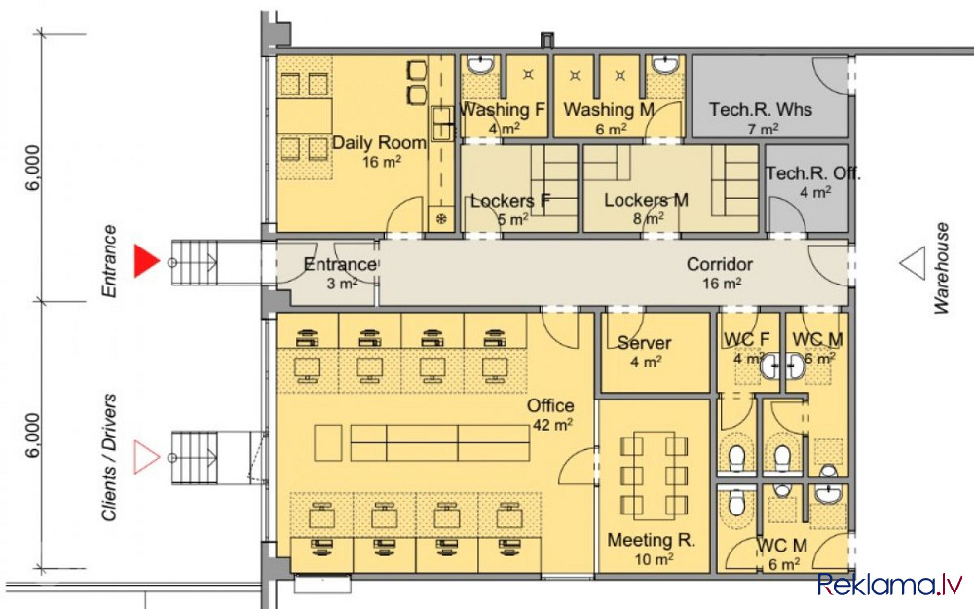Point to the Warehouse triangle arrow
[x=913, y=263]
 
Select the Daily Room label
[x=378, y=143]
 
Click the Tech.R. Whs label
[x=761, y=110]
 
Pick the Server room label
[x=644, y=343]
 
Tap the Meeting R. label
[x=651, y=540]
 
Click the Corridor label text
[x=720, y=264]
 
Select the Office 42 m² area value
[x=552, y=425]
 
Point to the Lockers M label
[x=646, y=200]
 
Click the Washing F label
[x=502, y=110]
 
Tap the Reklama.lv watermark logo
[x=889, y=585]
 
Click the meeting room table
[x=655, y=476]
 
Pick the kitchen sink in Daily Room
[x=442, y=123]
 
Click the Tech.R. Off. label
[x=812, y=173]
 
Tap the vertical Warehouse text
[x=941, y=268]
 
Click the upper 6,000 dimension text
[x=33, y=168]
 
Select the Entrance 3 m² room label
[x=340, y=274]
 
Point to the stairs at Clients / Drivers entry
[x=195, y=458]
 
